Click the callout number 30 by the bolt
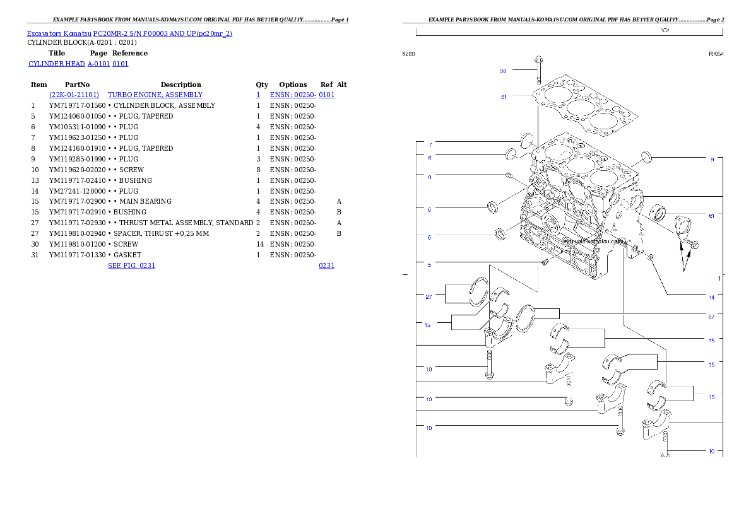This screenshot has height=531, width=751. pos(503,71)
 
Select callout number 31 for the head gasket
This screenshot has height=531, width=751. pos(504,97)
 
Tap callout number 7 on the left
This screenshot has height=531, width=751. pos(430,145)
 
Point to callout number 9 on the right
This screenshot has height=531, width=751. pos(712,160)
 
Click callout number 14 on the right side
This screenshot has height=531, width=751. pos(711,297)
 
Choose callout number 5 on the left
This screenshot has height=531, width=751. pos(429,265)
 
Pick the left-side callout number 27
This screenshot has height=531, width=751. pos(428,296)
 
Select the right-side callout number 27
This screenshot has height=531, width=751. pos(711,316)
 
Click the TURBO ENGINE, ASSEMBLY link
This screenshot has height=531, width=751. pos(155,95)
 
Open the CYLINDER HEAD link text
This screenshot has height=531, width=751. pos(78,64)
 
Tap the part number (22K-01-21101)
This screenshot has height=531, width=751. pos(74,95)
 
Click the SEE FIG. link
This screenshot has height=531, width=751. pos(131,265)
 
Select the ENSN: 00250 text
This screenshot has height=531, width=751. pos(302,95)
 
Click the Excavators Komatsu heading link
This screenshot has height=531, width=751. pos(129,33)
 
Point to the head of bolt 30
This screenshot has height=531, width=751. pos(538,59)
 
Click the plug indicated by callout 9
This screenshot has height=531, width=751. pos(646,156)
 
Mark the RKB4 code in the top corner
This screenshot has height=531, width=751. pos(716,54)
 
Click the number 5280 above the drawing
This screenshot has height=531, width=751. pos(409,54)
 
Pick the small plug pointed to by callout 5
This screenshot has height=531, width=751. pos(542,262)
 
